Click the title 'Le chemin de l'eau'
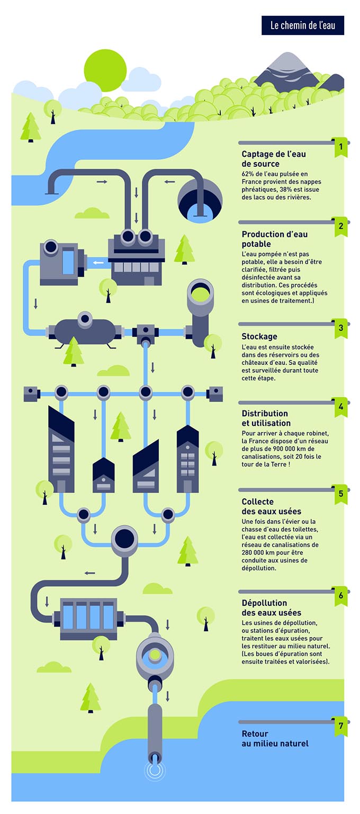click(302, 25)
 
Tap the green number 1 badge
click(340, 146)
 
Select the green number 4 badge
click(340, 407)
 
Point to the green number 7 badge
click(340, 726)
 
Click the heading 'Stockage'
click(259, 336)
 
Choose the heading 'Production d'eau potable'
click(274, 239)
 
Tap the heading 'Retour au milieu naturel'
click(275, 739)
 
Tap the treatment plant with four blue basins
click(88, 617)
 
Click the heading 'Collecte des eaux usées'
click(271, 506)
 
